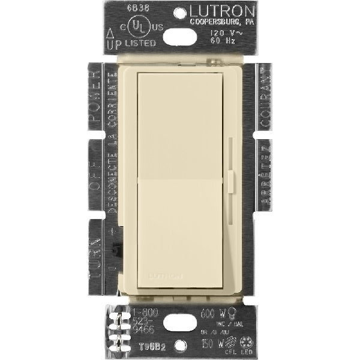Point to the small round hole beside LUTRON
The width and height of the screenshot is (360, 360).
pos(180,12)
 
